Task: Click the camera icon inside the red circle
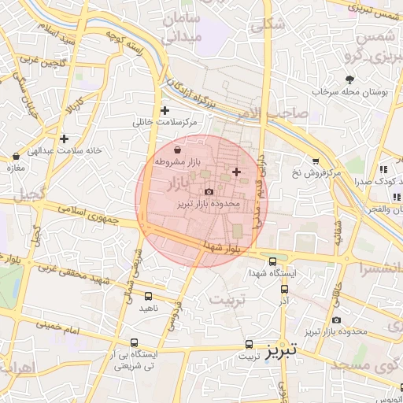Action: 209,191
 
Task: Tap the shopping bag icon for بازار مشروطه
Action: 176,149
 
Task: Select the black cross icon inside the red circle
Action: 236,172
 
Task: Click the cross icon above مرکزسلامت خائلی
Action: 165,110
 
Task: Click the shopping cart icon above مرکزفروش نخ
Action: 316,160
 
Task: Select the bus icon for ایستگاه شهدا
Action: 272,261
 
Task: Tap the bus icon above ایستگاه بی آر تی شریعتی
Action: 135,343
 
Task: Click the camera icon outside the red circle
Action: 337,320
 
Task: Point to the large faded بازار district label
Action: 180,183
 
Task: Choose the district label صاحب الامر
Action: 294,114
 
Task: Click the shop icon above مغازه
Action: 17,157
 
